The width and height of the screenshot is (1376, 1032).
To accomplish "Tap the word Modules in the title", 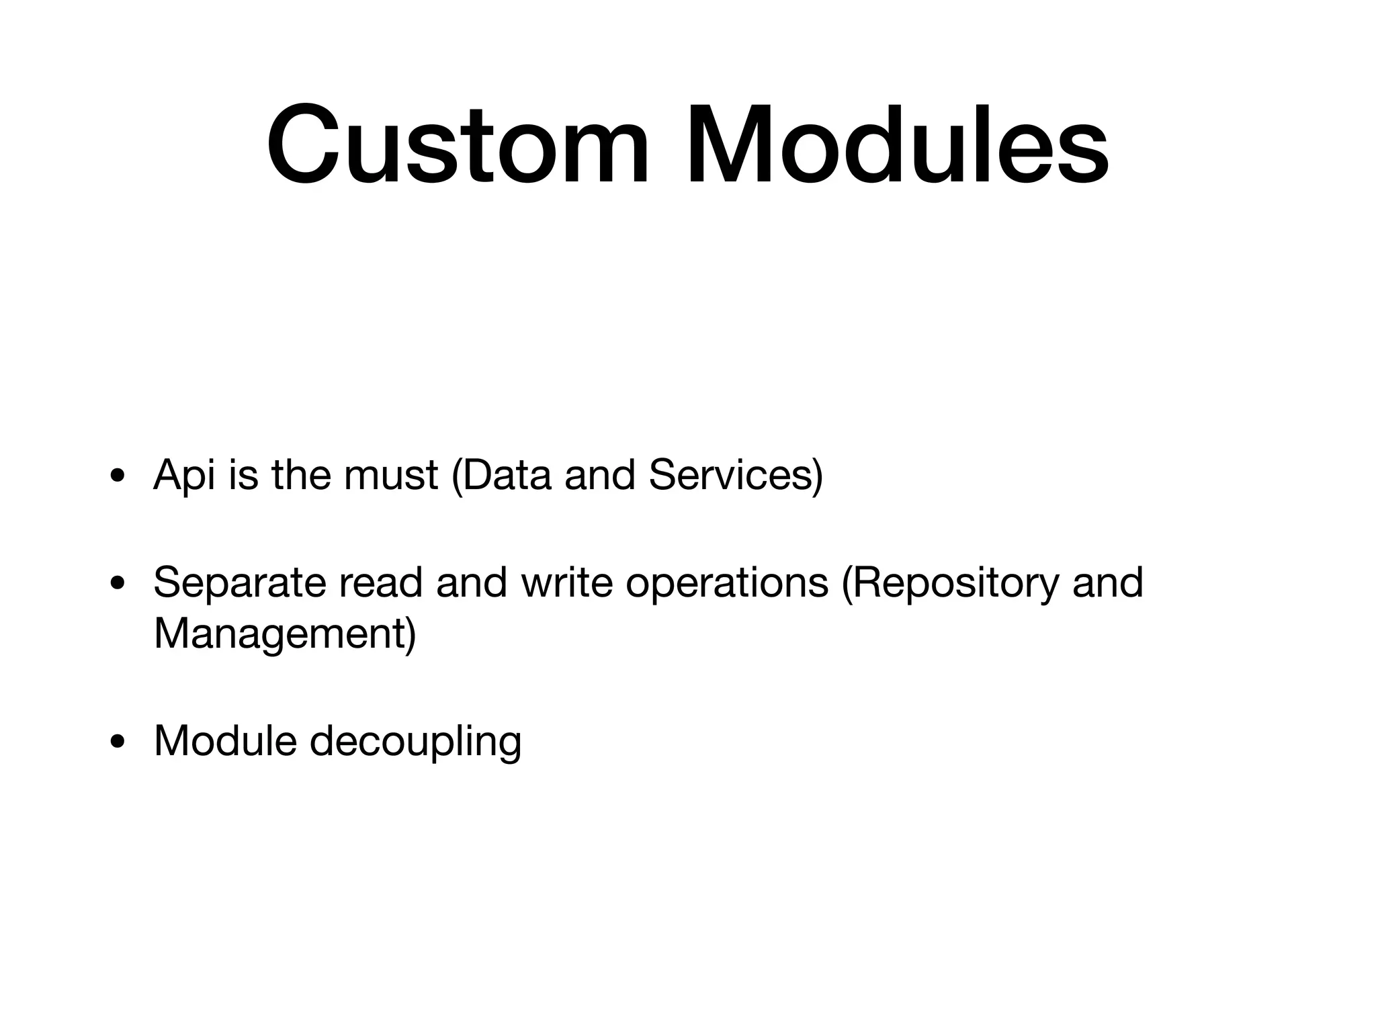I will click(x=897, y=145).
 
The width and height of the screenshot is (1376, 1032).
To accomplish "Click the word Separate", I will click(x=240, y=583).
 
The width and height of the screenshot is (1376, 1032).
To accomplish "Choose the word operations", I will click(x=727, y=583).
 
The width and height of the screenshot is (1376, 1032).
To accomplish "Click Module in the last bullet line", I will click(x=225, y=740).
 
